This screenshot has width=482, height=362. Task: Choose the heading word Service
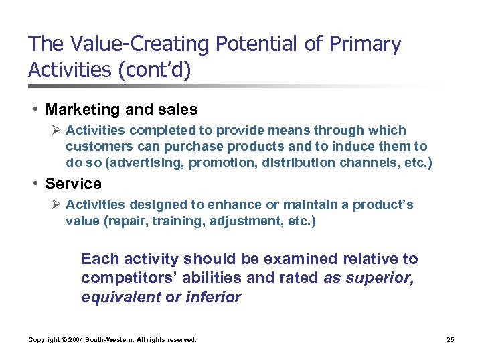click(x=74, y=184)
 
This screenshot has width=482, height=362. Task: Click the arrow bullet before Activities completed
click(x=57, y=130)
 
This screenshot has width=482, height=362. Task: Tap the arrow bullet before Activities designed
click(x=57, y=205)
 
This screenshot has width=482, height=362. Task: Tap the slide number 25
click(x=450, y=340)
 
